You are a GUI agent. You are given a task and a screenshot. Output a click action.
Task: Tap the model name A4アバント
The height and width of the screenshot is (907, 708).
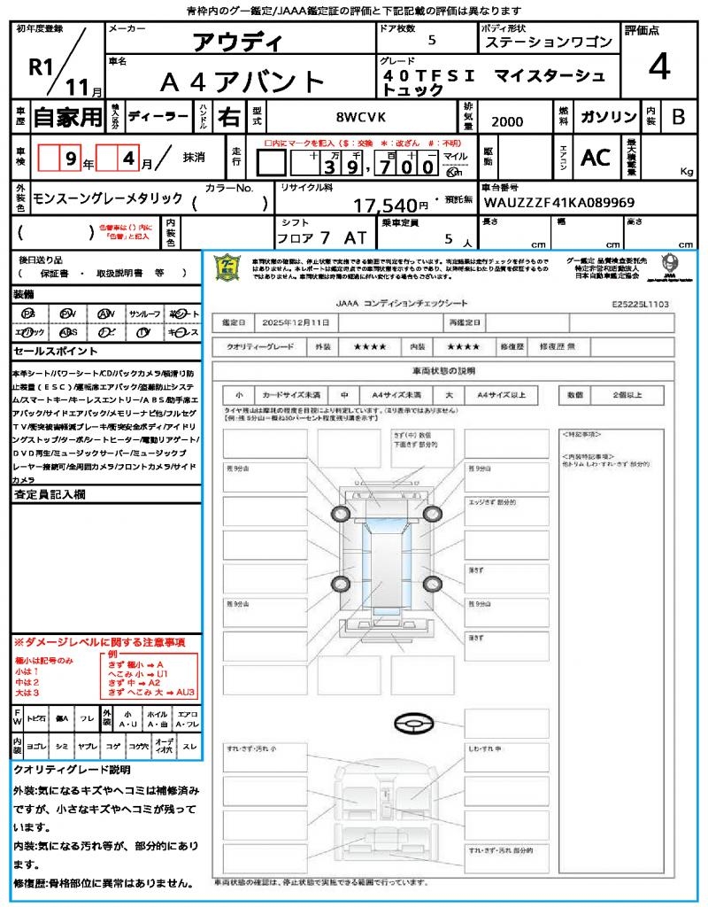(242, 81)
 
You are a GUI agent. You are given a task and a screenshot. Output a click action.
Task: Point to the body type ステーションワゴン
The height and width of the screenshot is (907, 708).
(549, 43)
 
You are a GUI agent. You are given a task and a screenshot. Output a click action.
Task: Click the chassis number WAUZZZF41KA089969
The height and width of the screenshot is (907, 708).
(559, 203)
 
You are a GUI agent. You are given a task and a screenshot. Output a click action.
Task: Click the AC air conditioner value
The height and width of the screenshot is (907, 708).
(595, 158)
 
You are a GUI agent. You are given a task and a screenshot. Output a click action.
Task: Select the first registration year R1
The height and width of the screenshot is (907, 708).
(41, 66)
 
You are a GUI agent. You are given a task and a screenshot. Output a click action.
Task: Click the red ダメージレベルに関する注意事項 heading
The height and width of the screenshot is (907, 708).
(99, 641)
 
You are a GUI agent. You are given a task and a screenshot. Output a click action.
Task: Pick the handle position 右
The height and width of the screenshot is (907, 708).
(229, 117)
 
